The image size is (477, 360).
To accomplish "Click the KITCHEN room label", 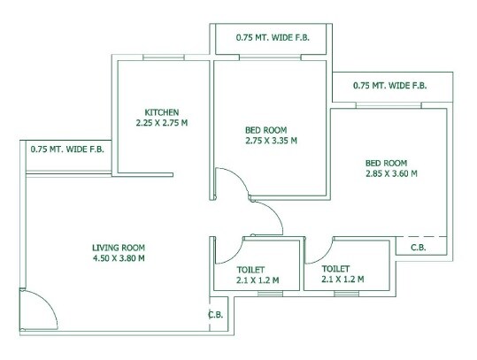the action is [162, 112].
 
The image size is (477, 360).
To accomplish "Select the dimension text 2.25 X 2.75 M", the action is [162, 123].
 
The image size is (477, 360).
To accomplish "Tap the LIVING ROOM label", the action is [119, 248].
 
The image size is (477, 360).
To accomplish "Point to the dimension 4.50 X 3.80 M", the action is [119, 258].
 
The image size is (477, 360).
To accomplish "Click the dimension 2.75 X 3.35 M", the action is [271, 141].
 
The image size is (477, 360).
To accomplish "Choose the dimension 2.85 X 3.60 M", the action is [391, 173].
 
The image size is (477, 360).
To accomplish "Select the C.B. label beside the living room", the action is [216, 315].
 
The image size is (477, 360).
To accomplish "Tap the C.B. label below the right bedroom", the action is [419, 248].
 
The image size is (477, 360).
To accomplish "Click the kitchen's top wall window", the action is [164, 57].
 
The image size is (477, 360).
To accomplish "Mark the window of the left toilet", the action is [270, 294].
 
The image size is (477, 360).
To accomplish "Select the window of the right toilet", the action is [346, 294].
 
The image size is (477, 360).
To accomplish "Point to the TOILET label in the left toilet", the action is [251, 270].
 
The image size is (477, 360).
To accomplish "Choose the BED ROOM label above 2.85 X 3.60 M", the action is [386, 163].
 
